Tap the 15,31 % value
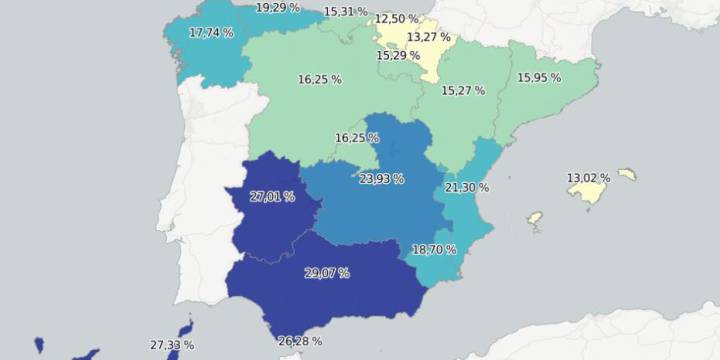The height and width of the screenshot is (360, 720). [x=345, y=12]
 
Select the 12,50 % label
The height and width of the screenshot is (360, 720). [x=398, y=19]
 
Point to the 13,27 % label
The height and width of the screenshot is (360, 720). [x=428, y=38]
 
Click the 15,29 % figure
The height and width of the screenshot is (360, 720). [x=398, y=55]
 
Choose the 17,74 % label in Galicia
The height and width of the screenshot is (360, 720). [x=211, y=33]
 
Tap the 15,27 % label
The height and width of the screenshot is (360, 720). [x=463, y=90]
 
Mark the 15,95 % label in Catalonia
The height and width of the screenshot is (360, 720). [x=539, y=77]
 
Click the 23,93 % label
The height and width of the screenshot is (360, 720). [x=381, y=179]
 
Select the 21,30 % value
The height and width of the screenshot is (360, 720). [x=467, y=188]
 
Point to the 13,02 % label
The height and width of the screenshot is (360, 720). [x=588, y=178]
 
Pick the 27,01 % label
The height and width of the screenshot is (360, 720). [x=272, y=197]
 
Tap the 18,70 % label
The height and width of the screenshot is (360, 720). [x=434, y=249]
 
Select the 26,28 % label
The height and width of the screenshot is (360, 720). [x=300, y=341]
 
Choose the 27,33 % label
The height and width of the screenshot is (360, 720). [x=172, y=344]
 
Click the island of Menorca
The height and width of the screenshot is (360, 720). [x=627, y=174]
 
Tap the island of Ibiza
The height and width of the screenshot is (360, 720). [x=535, y=217]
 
